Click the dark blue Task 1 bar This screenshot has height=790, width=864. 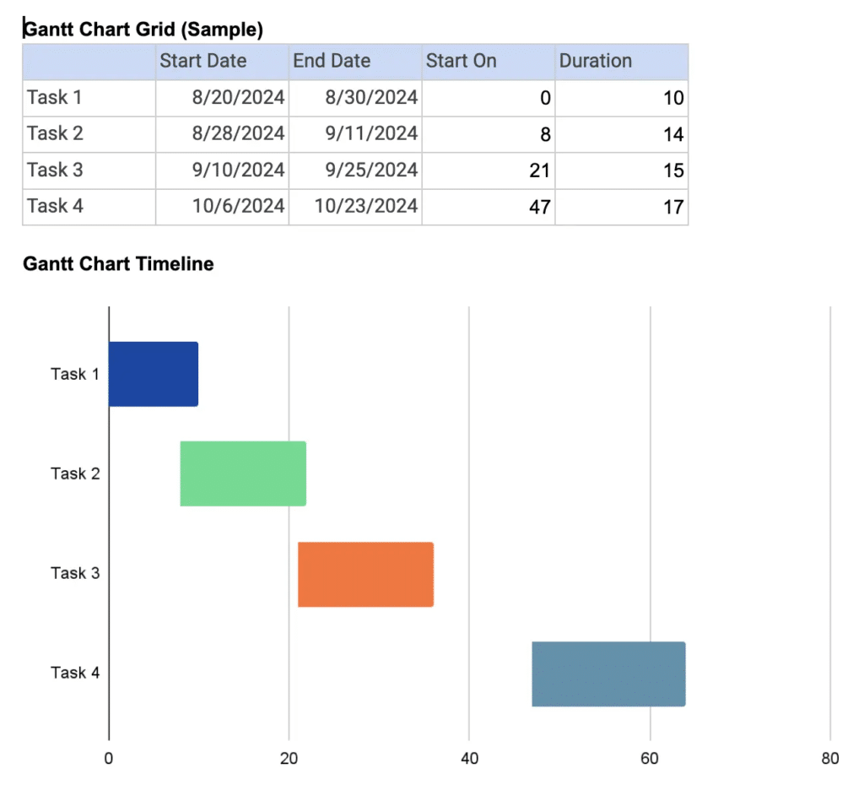(x=154, y=374)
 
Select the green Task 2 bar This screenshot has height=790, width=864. (x=243, y=473)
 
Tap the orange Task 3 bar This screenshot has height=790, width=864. (x=365, y=574)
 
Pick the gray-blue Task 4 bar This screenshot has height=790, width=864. (x=608, y=674)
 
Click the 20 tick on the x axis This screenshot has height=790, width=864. (x=289, y=758)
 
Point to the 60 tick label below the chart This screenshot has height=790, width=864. (x=650, y=758)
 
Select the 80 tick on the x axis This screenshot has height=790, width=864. (x=830, y=758)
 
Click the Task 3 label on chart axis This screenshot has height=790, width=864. (x=75, y=573)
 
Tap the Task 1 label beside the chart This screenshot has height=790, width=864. (x=75, y=374)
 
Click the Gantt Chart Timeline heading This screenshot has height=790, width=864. (x=118, y=264)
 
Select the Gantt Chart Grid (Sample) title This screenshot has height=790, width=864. (x=143, y=30)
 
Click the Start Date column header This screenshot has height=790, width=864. (x=203, y=62)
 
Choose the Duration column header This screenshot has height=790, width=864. (x=596, y=62)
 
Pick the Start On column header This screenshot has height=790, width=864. (x=462, y=62)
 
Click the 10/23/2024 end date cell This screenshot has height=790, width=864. (x=366, y=206)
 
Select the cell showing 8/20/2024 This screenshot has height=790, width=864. (x=239, y=98)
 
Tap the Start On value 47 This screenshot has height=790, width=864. (x=539, y=207)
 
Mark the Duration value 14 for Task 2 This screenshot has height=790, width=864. (x=672, y=134)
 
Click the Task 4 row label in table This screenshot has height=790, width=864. (x=56, y=206)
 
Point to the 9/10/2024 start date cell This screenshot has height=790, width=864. (x=239, y=170)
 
